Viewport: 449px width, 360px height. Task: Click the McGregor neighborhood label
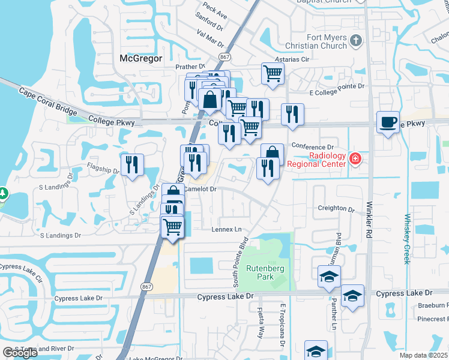142,58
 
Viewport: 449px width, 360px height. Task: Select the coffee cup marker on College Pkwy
387,122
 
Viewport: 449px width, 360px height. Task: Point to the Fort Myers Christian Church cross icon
356,41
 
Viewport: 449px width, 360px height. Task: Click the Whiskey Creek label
407,239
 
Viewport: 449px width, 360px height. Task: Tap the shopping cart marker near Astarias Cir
273,73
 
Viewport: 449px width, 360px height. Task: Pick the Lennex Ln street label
226,229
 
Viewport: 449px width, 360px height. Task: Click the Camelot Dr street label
200,188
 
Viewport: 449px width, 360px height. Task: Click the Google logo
20,353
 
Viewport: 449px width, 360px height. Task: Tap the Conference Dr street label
312,146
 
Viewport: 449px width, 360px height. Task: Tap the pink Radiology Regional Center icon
355,159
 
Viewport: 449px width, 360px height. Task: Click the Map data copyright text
423,355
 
